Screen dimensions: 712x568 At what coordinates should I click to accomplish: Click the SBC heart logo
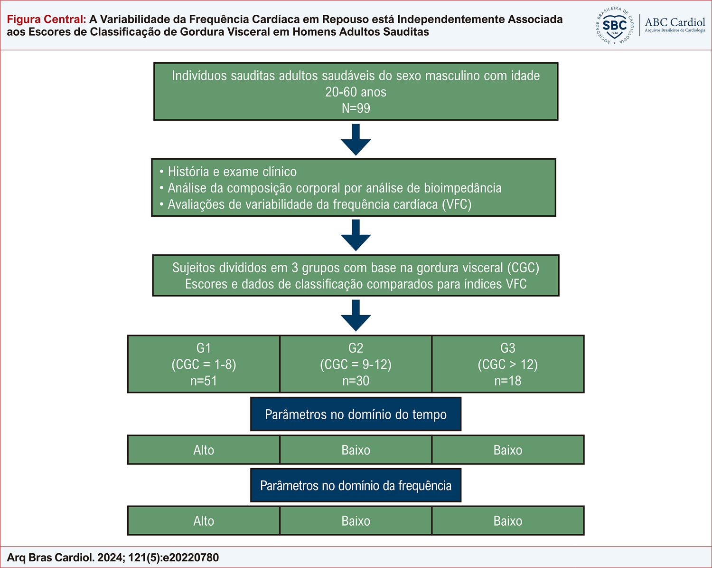[x=614, y=25]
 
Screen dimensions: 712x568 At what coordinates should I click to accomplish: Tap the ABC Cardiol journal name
[x=675, y=22]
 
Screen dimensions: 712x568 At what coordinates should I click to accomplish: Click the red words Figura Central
[x=47, y=19]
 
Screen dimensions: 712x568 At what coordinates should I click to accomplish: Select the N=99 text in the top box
[x=356, y=108]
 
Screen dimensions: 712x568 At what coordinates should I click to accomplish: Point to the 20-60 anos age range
[x=356, y=92]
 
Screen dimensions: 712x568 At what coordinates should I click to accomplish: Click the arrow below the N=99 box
[x=356, y=140]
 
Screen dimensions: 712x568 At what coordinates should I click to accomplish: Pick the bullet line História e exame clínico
[x=228, y=172]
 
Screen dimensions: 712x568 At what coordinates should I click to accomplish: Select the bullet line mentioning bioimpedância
[x=330, y=188]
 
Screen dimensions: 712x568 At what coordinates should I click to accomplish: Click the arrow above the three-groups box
[x=356, y=235]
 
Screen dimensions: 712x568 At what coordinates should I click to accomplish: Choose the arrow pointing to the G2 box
[x=356, y=316]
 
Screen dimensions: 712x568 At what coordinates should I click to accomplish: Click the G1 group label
[x=204, y=348]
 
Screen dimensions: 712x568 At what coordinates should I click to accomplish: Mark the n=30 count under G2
[x=356, y=381]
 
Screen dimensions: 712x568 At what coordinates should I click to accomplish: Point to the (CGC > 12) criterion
[x=508, y=365]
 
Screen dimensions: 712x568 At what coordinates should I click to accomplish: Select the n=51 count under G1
[x=204, y=381]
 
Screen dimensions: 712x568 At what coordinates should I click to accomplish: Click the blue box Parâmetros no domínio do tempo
[x=356, y=414]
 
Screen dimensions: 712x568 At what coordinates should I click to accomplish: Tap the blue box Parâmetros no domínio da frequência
[x=356, y=485]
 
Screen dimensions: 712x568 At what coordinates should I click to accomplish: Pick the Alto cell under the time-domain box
[x=204, y=450]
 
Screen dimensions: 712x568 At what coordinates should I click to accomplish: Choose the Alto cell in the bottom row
[x=204, y=520]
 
